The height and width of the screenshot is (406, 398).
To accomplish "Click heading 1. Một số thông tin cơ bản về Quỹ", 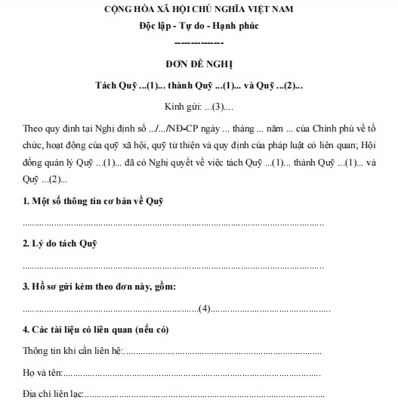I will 93,200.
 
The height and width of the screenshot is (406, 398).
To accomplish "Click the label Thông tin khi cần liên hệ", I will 71,352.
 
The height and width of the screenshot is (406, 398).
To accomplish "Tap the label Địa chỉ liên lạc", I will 52,395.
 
